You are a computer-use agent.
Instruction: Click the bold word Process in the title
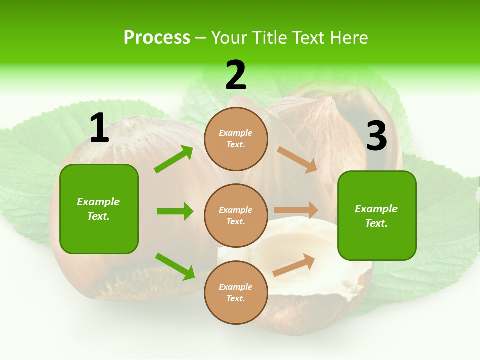click(157, 37)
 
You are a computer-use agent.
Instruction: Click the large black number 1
click(99, 129)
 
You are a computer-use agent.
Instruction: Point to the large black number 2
click(236, 76)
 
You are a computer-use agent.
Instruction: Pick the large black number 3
click(376, 136)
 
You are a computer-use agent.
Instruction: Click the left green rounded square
click(99, 209)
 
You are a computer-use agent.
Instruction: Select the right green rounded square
click(377, 216)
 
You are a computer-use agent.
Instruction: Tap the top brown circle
click(236, 139)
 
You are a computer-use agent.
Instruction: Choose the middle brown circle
click(236, 215)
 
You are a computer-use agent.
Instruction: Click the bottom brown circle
click(236, 292)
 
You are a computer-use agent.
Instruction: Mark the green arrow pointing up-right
click(174, 159)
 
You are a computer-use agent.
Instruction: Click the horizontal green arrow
click(175, 211)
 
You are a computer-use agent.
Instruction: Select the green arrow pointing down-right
click(175, 266)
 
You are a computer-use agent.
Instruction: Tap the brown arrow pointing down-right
click(297, 160)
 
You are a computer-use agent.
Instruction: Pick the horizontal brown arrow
click(296, 210)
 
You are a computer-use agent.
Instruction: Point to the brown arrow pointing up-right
click(294, 265)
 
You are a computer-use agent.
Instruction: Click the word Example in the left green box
click(98, 202)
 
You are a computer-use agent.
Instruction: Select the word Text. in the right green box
click(376, 223)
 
